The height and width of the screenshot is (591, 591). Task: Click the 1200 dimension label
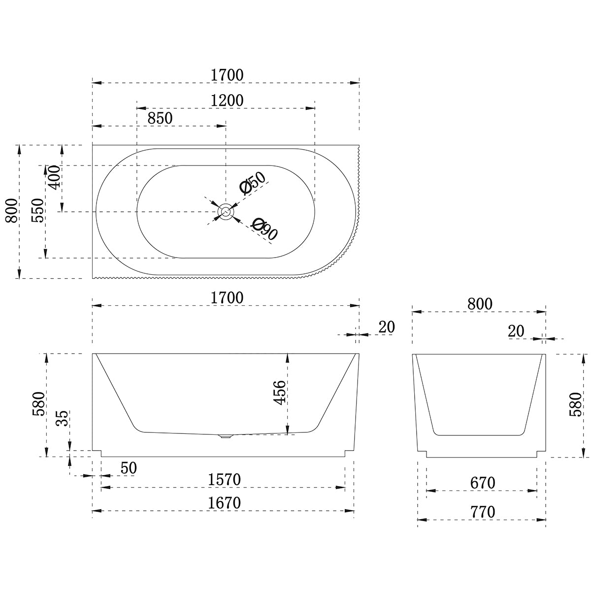point(227,100)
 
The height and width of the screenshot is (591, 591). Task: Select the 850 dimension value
point(160,118)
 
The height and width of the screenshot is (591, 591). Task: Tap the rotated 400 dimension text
point(55,177)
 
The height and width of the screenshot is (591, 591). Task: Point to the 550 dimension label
point(38,210)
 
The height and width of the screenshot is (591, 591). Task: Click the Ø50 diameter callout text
point(253,183)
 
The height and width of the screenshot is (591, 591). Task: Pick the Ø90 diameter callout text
point(264,229)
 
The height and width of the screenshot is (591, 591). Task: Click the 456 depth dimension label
point(279,393)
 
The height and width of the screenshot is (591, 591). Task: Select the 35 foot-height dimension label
point(62,418)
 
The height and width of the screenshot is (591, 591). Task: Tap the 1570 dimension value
point(224,479)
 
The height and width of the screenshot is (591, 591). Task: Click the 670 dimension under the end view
point(483,483)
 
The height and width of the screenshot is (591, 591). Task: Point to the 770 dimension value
point(483,512)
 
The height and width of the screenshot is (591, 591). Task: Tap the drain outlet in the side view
point(226,436)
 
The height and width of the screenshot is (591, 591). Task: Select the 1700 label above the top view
point(227,75)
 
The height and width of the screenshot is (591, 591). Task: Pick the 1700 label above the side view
point(227,298)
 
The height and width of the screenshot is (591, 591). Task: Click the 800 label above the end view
point(480,304)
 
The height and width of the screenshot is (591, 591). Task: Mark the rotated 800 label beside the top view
point(12,211)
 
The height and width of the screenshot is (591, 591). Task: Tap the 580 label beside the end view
point(575,404)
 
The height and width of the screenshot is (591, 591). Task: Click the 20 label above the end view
point(516,331)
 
